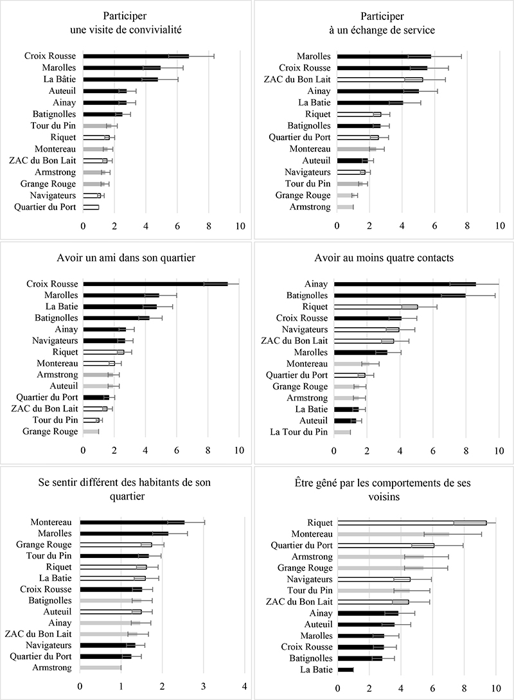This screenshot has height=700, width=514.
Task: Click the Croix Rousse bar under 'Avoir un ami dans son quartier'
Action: point(155,284)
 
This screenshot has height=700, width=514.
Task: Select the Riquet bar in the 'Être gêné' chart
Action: point(412,523)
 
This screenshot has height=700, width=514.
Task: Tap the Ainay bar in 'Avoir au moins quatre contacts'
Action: point(405,284)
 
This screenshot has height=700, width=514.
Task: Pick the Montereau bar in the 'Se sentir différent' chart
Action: point(132,522)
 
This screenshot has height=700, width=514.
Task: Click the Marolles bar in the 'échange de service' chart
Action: point(384,57)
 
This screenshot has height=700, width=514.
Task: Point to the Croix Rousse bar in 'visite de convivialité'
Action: point(136,57)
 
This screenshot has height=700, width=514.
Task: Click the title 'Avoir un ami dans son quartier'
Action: point(127,258)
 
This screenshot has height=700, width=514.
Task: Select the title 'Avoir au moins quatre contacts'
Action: point(384,258)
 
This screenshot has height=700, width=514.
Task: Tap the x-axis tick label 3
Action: point(204,686)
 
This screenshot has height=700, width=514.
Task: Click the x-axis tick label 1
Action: point(121,686)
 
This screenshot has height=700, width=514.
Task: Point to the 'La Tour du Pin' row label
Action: point(299,432)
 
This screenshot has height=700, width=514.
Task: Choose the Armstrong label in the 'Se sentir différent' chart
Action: point(52,667)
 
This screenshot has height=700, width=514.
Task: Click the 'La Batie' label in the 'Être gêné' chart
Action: point(316,670)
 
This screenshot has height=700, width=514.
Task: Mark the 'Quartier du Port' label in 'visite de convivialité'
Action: point(45,207)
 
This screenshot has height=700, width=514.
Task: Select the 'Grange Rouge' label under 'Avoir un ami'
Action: point(50,431)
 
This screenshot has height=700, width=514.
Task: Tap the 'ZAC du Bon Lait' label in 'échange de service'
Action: point(297,80)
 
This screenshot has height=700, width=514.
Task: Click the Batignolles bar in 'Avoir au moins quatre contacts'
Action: point(400,296)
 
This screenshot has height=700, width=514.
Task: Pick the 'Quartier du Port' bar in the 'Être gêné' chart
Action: point(386,546)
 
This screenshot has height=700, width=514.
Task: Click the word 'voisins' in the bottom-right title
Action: point(384,496)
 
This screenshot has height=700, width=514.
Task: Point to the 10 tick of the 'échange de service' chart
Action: point(500,226)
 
